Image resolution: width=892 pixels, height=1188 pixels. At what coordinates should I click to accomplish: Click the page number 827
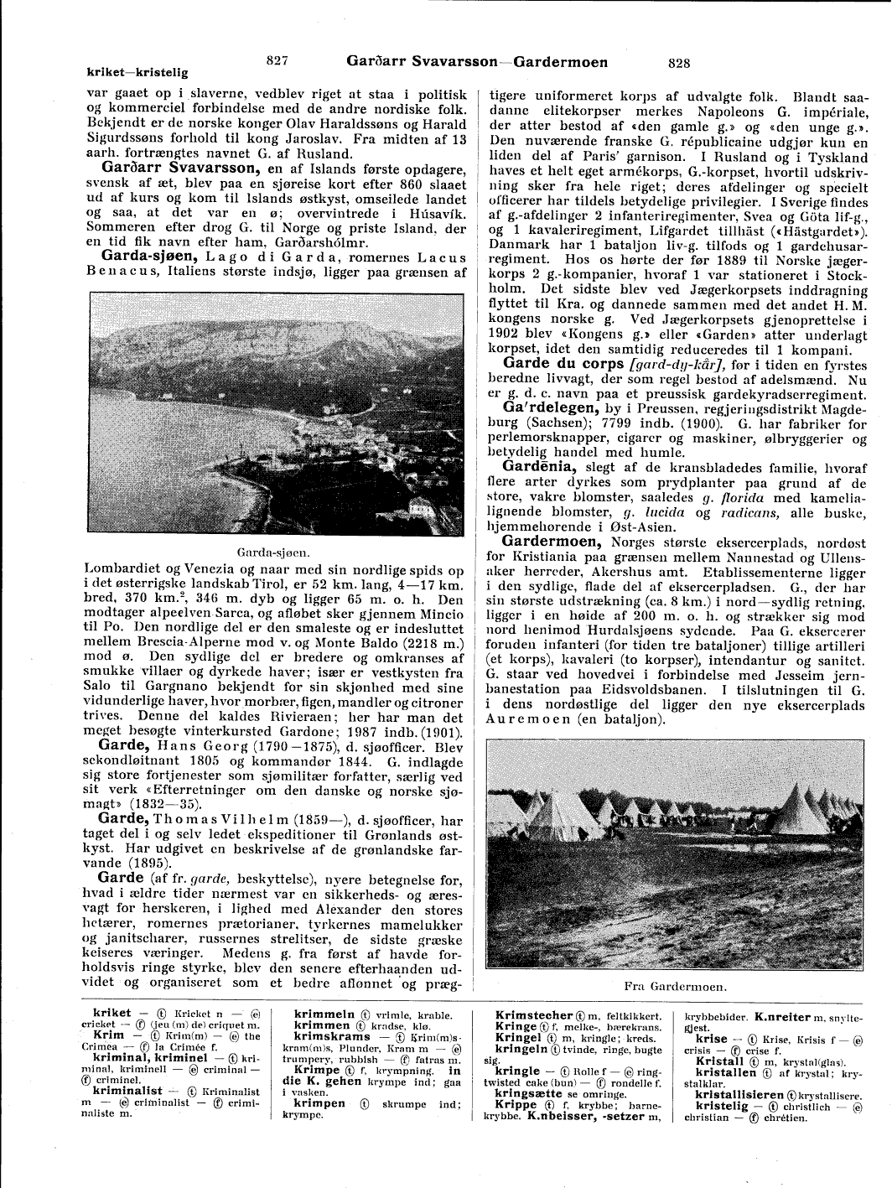(277, 60)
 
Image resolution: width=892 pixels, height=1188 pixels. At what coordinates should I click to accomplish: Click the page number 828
(679, 62)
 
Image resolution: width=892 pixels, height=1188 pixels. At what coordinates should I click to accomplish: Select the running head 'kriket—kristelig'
(137, 73)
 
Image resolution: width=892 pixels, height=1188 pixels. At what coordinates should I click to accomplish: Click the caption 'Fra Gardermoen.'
(675, 987)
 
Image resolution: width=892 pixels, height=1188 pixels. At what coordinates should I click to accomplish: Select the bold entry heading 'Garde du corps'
(563, 364)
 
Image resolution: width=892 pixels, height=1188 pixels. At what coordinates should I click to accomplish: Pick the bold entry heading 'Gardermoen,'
(552, 542)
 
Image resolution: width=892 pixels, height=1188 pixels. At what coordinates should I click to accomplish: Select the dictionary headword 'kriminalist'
(127, 1091)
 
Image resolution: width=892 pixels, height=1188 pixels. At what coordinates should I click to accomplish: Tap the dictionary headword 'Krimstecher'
(534, 1015)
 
